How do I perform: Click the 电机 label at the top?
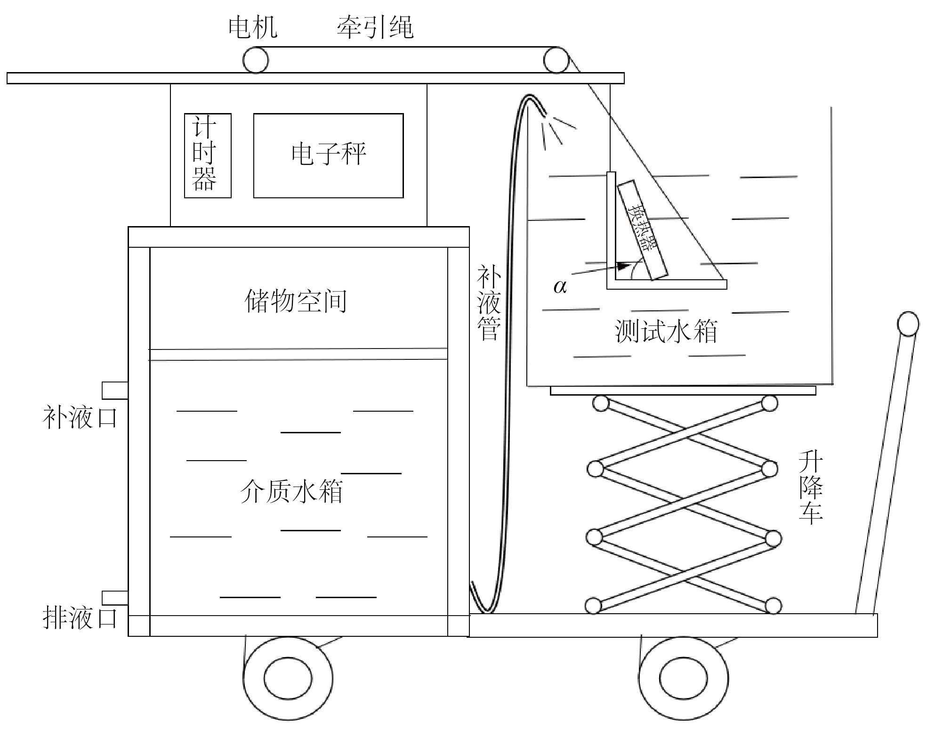[253, 27]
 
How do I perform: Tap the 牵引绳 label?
[375, 27]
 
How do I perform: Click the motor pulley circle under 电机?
[256, 60]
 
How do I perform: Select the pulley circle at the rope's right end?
[556, 60]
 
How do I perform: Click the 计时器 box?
[208, 155]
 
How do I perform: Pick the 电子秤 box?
[328, 155]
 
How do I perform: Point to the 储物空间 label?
[296, 301]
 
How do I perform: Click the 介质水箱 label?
[291, 492]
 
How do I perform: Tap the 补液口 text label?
[80, 417]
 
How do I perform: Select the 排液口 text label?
[80, 617]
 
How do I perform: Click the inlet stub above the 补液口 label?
[115, 390]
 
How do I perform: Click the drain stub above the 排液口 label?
[115, 598]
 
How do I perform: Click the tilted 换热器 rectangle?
[642, 230]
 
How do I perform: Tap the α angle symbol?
[560, 286]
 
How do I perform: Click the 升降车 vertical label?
[810, 487]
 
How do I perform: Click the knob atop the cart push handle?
[908, 324]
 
